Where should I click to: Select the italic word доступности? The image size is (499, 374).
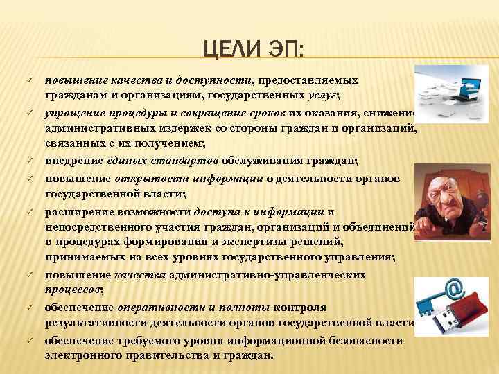coord(216,81)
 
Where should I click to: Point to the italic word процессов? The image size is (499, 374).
coord(73,288)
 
